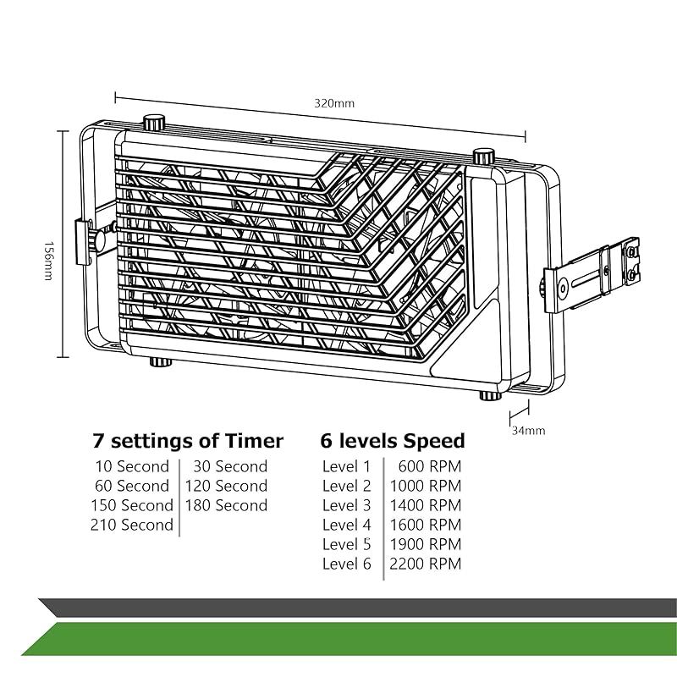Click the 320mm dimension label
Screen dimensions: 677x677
pos(334,103)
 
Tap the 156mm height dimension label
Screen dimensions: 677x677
pos(49,261)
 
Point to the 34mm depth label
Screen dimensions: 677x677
pos(528,431)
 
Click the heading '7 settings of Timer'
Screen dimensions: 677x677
pos(188,441)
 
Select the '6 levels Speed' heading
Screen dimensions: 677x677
pos(393,441)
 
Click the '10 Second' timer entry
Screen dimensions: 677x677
pos(132,466)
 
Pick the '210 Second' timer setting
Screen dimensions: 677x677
pos(132,525)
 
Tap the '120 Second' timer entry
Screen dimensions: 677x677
pos(227,486)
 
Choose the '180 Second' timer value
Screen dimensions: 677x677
pos(227,505)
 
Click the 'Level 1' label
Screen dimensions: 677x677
pos(347,466)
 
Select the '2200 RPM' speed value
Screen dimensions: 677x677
pos(426,564)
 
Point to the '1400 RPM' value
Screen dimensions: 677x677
pos(426,505)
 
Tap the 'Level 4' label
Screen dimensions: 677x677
pos(347,525)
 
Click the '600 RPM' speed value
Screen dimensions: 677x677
pos(430,466)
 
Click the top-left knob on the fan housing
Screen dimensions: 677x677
pos(154,122)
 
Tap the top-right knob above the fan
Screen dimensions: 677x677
pos(483,157)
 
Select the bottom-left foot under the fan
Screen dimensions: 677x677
pos(161,361)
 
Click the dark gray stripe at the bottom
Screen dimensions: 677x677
pos(357,608)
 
